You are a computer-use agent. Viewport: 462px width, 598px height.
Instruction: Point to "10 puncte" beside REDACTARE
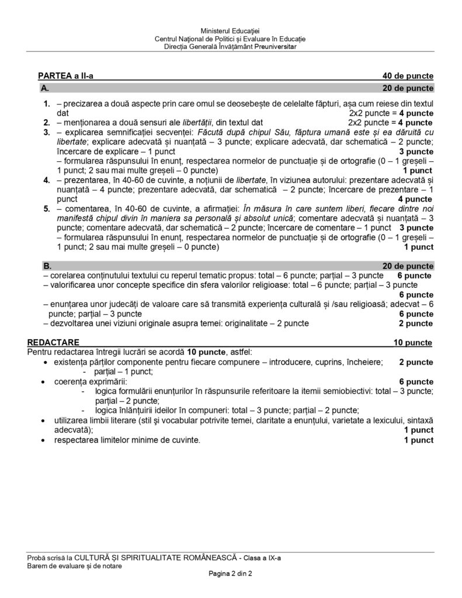pyautogui.click(x=413, y=342)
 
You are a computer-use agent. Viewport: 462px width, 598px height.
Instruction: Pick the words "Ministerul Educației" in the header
pyautogui.click(x=230, y=30)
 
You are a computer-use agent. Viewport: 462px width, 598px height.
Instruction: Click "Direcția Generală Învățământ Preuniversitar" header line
pyautogui.click(x=230, y=47)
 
